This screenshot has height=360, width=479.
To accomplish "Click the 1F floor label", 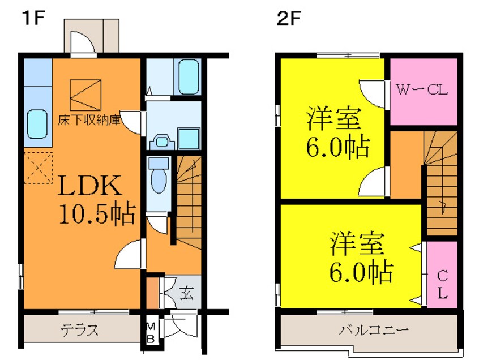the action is [x=33, y=19].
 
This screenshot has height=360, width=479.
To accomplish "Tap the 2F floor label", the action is [x=289, y=19].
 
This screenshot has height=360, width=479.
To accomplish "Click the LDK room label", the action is [x=90, y=185].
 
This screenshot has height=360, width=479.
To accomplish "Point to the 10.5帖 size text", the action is [x=97, y=213].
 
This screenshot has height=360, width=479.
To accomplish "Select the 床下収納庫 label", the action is [x=89, y=120].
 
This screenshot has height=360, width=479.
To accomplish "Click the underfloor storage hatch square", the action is [x=85, y=95].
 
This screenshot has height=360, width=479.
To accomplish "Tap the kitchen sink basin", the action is [x=37, y=125].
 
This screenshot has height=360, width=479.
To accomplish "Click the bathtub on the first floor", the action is [x=189, y=76].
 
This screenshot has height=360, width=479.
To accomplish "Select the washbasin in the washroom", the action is [x=162, y=142].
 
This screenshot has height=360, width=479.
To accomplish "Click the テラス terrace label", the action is [x=80, y=330].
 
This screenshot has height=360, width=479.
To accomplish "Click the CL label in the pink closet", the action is [x=442, y=285].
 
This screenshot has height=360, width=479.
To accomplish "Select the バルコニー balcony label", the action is [x=374, y=331].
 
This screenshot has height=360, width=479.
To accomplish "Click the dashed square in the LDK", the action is [x=38, y=168].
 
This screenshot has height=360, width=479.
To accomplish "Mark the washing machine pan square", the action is [x=189, y=139].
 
